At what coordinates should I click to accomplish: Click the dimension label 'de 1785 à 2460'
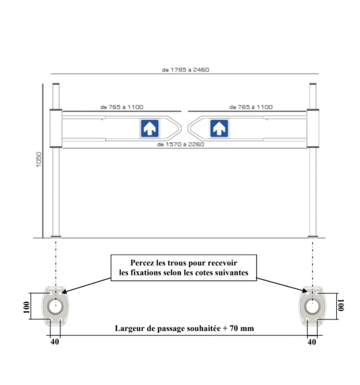185,70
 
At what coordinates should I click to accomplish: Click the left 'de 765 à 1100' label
122,107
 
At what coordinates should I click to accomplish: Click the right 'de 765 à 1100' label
251,107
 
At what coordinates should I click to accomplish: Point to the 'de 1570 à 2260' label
181,144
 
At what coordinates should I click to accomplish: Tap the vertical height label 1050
39,160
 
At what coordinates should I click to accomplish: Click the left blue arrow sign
150,128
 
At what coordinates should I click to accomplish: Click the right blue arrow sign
219,128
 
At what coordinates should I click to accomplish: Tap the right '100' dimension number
341,305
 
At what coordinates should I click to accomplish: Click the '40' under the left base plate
55,341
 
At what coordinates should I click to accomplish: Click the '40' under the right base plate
312,342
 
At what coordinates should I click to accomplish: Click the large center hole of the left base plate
56,307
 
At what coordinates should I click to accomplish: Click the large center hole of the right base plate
312,307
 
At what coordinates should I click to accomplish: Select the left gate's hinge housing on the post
56,128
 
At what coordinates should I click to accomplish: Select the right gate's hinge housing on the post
313,128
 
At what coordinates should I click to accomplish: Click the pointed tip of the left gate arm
181,128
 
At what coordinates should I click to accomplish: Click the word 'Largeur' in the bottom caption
129,329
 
